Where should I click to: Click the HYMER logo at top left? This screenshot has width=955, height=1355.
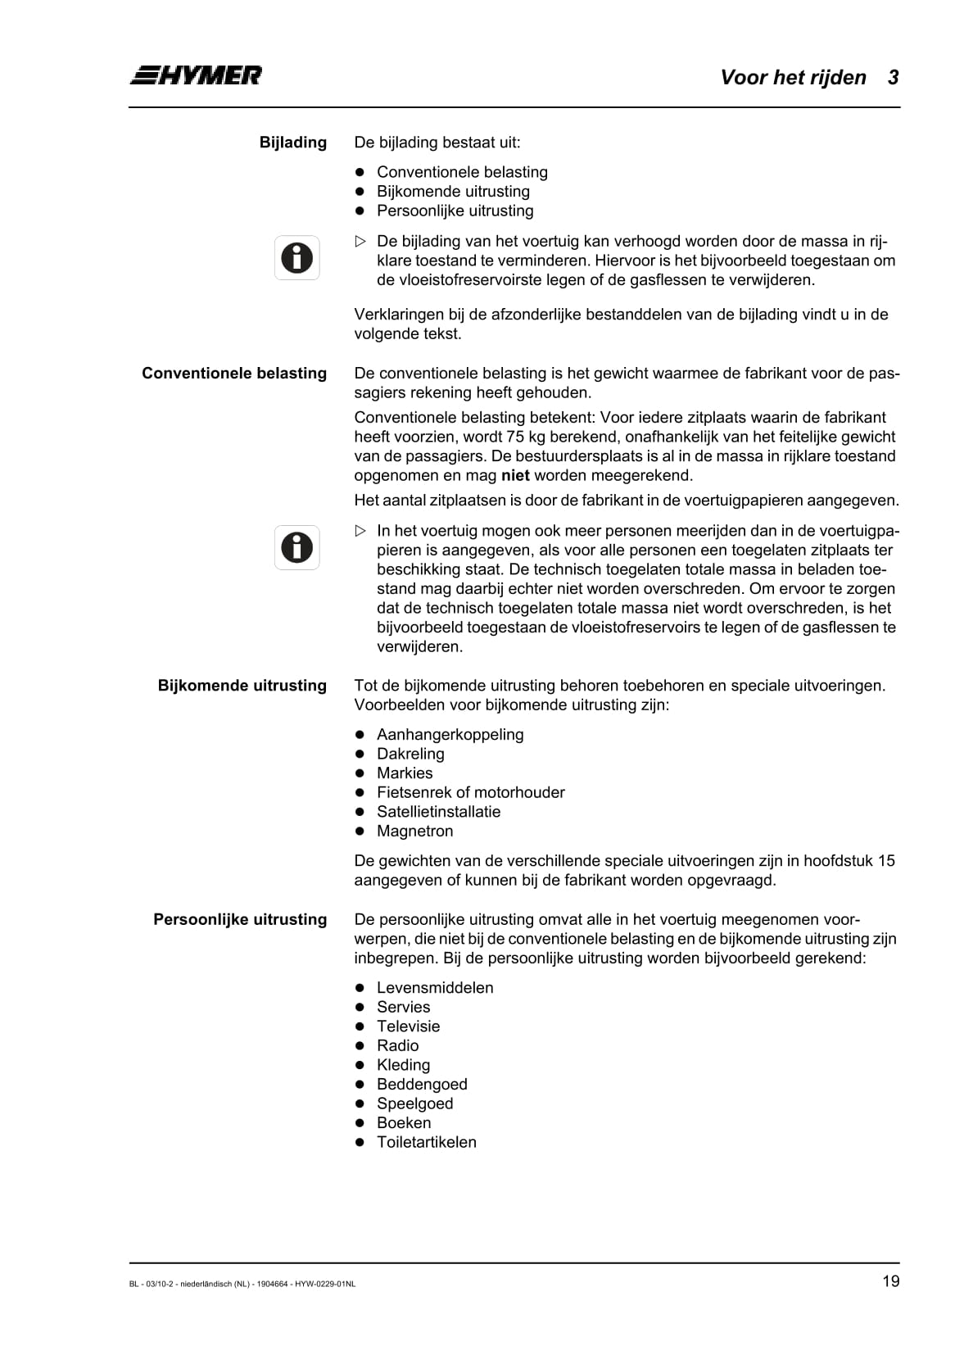click(196, 75)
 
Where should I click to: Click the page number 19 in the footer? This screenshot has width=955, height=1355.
click(890, 1281)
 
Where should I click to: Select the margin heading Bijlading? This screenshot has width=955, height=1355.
click(292, 143)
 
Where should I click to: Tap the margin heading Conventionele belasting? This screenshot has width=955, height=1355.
click(234, 374)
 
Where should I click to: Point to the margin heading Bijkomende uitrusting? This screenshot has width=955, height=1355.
click(242, 686)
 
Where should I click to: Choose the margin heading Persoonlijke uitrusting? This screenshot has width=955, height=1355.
click(240, 919)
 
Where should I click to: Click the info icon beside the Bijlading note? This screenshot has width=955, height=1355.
click(296, 258)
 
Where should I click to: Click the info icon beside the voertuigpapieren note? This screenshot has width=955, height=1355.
click(296, 547)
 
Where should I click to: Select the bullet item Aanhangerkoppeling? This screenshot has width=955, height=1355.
click(450, 735)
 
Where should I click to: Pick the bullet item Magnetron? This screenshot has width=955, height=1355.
click(414, 832)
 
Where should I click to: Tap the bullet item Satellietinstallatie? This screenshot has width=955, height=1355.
click(438, 812)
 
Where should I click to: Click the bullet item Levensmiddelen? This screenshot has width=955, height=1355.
click(435, 988)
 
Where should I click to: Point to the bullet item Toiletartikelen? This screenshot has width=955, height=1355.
click(426, 1142)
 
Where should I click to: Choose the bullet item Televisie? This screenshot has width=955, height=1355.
click(408, 1026)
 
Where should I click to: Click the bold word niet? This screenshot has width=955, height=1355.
click(515, 476)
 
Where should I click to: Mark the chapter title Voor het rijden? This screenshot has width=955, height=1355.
click(793, 78)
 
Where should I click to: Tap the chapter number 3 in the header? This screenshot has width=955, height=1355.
click(893, 78)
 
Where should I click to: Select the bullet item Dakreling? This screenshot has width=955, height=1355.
click(410, 754)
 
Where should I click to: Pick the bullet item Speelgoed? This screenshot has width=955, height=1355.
click(414, 1103)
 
